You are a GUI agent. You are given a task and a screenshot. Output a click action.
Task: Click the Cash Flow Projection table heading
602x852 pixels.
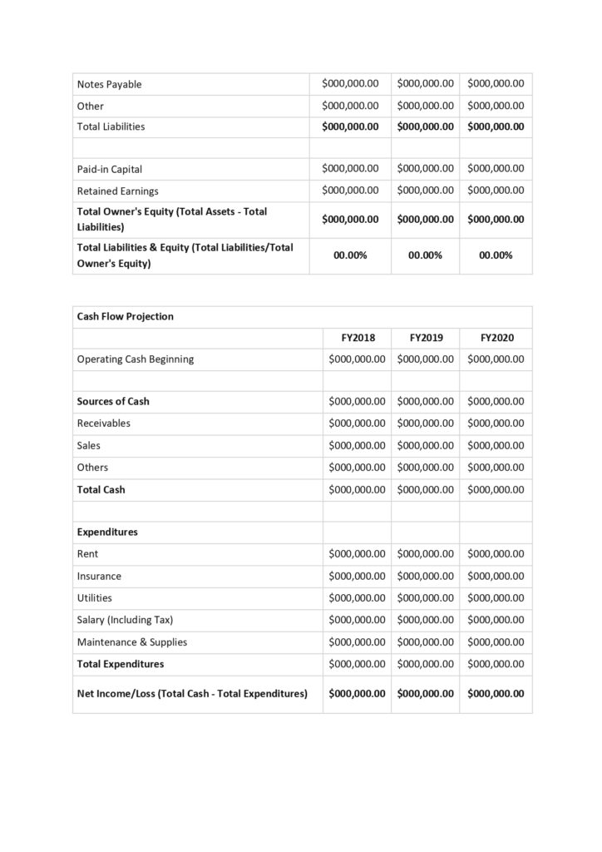[x=125, y=316]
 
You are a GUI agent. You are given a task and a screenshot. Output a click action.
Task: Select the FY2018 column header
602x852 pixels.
[x=358, y=338]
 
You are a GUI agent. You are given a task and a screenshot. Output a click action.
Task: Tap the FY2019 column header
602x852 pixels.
[x=426, y=338]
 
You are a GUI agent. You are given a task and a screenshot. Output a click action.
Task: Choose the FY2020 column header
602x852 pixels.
[x=496, y=338]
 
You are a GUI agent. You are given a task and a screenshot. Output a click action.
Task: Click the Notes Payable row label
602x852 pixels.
[x=109, y=84]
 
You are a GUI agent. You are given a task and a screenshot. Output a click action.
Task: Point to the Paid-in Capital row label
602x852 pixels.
[x=109, y=169]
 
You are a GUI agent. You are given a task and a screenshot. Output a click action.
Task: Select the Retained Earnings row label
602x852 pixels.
[x=117, y=191]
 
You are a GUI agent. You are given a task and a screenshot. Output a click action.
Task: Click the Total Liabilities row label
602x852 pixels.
[x=111, y=126]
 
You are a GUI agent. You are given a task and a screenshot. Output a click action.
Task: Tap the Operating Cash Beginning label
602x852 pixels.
[x=135, y=359]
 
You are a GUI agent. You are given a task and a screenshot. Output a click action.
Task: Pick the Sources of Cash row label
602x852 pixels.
[x=113, y=401]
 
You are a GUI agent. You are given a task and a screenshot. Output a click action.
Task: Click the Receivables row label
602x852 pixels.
[x=103, y=423]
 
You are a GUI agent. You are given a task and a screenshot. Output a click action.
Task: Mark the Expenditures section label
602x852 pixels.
[x=107, y=532]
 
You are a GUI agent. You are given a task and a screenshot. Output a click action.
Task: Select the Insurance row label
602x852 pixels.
[x=99, y=576]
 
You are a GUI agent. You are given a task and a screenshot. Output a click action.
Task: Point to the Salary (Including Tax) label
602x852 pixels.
[x=125, y=620]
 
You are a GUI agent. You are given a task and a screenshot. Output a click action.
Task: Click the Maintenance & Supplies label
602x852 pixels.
[x=131, y=641]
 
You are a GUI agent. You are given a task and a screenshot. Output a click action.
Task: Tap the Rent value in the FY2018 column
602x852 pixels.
[x=358, y=553]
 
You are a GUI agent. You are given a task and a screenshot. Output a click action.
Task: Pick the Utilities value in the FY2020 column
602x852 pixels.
[x=496, y=597]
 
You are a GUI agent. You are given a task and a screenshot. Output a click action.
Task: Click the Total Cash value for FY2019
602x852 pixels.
[x=426, y=489]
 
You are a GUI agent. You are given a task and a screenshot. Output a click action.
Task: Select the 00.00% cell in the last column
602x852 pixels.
[x=496, y=255]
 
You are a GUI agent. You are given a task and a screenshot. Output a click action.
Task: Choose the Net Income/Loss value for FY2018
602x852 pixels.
[x=358, y=693]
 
